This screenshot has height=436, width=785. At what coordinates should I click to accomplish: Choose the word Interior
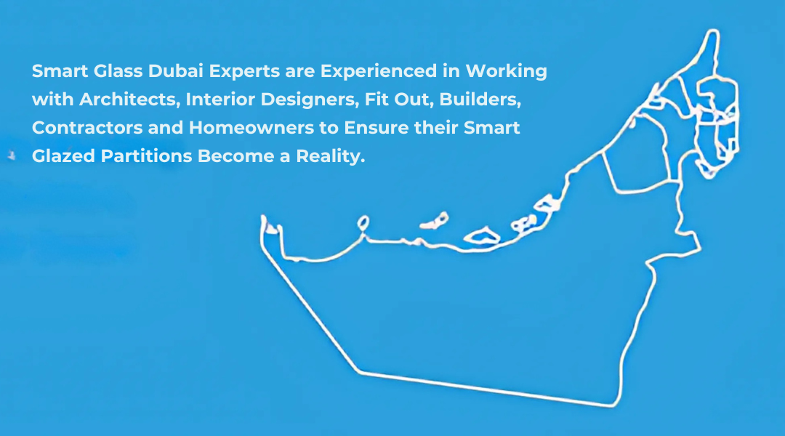220,100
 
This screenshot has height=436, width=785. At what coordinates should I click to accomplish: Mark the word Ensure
377,128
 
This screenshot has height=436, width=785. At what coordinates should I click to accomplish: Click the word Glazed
63,156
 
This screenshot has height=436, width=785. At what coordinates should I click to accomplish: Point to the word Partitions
147,156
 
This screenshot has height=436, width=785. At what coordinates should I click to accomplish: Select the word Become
235,156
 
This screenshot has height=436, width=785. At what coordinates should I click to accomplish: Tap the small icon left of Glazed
12,156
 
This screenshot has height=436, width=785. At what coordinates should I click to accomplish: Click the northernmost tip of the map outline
714,31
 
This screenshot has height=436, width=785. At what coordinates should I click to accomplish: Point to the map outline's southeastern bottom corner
613,405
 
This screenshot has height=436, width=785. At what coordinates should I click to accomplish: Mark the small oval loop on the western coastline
363,223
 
